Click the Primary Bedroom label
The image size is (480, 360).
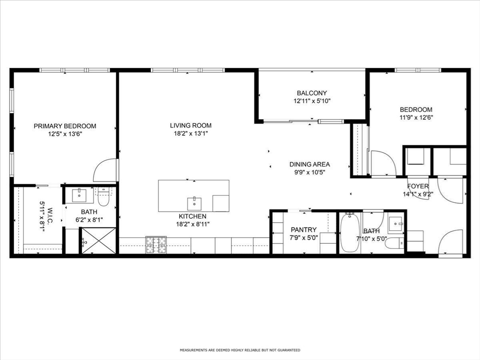pos(65,126)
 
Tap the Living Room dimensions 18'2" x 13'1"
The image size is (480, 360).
pos(191,134)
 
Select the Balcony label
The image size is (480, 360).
pos(312,93)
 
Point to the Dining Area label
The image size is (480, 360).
pos(309,165)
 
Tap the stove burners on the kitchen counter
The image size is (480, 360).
pos(156,245)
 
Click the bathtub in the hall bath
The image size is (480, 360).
pos(350,233)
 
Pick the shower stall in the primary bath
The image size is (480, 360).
pos(98,240)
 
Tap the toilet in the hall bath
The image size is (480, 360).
pos(395,244)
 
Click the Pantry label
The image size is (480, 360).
pos(304,230)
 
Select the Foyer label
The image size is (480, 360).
pos(418,186)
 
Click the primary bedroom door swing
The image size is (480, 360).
pos(105,170)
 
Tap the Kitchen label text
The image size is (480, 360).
pos(193,217)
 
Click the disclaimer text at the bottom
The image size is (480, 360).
pos(240,350)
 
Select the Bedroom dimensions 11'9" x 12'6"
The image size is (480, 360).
pos(416,117)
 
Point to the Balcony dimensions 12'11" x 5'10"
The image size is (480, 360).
pos(312,101)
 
